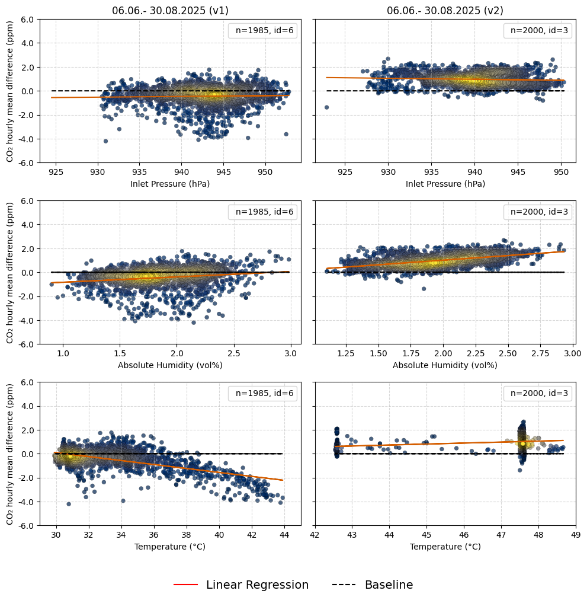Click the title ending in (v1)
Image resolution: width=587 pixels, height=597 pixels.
(170, 11)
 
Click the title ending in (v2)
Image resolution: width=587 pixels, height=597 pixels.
(445, 11)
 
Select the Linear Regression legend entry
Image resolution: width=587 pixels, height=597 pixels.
(241, 585)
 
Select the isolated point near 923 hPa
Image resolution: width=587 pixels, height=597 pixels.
(326, 107)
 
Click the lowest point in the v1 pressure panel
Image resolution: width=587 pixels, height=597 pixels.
(105, 141)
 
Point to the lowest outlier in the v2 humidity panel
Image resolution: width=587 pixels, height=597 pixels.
(424, 289)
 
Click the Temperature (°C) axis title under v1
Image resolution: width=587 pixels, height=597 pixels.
(170, 547)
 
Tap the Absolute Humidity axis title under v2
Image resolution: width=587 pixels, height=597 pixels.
(445, 365)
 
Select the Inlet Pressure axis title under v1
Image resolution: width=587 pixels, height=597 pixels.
(170, 184)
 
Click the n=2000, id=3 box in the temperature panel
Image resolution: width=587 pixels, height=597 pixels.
(538, 393)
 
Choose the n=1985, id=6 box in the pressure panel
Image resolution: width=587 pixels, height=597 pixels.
(263, 30)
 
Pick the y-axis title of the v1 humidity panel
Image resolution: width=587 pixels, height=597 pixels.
(9, 272)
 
